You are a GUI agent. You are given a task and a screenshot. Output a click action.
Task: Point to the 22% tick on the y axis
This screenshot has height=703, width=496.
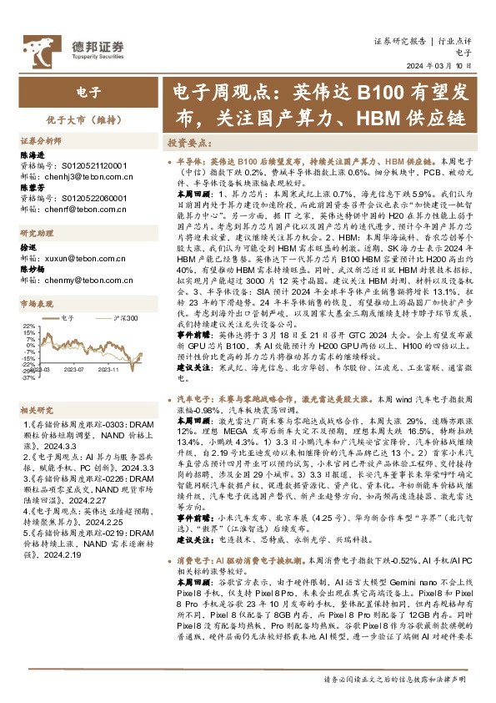(x=28, y=326)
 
